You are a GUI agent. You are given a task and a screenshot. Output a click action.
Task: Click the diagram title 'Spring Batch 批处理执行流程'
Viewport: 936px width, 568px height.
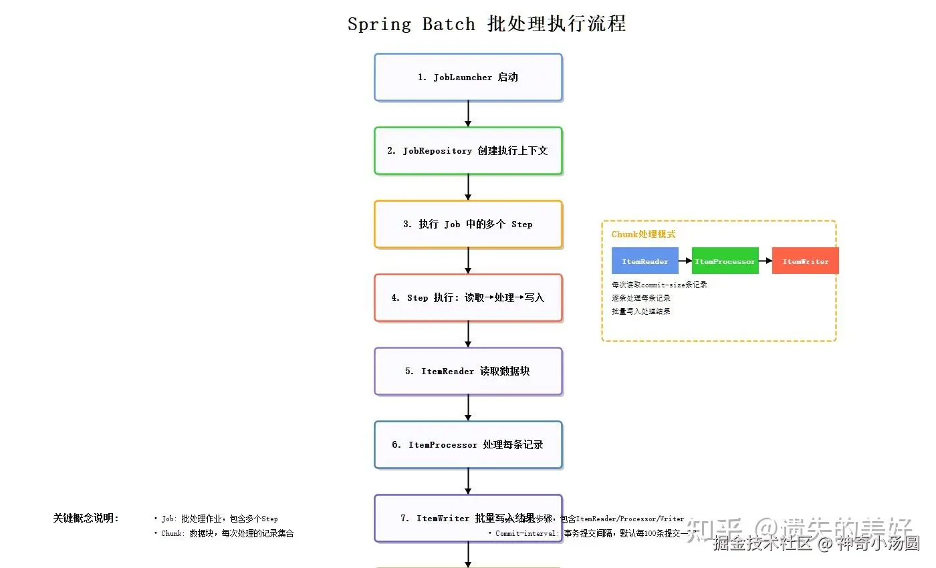(x=487, y=24)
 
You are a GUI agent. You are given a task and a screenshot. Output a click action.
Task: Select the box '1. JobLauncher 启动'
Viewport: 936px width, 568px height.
(x=468, y=78)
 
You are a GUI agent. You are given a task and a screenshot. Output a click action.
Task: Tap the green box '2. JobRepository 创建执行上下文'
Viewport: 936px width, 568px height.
(x=468, y=151)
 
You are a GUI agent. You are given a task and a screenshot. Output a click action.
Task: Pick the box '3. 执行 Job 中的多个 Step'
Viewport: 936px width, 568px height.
(x=468, y=225)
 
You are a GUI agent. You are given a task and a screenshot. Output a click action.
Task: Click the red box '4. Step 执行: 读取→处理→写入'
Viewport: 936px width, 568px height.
(x=468, y=298)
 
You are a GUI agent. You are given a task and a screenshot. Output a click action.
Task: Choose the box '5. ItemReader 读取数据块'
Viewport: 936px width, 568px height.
(x=468, y=372)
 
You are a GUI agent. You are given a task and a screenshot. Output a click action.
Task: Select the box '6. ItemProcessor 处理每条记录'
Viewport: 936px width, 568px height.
(x=468, y=445)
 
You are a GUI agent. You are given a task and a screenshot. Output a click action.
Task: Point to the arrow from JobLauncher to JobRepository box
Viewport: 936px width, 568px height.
(x=468, y=114)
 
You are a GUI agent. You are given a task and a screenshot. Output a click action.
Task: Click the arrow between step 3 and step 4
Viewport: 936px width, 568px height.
(x=468, y=261)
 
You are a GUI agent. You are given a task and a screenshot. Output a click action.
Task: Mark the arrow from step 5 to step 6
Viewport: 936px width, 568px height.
(x=468, y=408)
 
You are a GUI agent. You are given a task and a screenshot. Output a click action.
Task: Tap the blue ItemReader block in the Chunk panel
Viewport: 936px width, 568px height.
(x=645, y=261)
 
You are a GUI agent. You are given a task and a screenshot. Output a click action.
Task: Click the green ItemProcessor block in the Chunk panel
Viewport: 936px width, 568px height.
(x=725, y=261)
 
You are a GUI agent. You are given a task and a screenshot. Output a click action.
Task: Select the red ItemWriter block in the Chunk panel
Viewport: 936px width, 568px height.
(x=806, y=261)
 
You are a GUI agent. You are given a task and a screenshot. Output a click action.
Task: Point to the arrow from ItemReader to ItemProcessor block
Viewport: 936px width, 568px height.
(x=685, y=261)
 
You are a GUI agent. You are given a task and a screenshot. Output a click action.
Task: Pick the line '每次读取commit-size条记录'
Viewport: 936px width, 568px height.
(x=659, y=285)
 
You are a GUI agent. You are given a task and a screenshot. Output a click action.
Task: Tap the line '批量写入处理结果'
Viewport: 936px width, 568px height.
(x=640, y=311)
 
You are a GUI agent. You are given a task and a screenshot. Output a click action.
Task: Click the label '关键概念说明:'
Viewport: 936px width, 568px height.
(x=86, y=519)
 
